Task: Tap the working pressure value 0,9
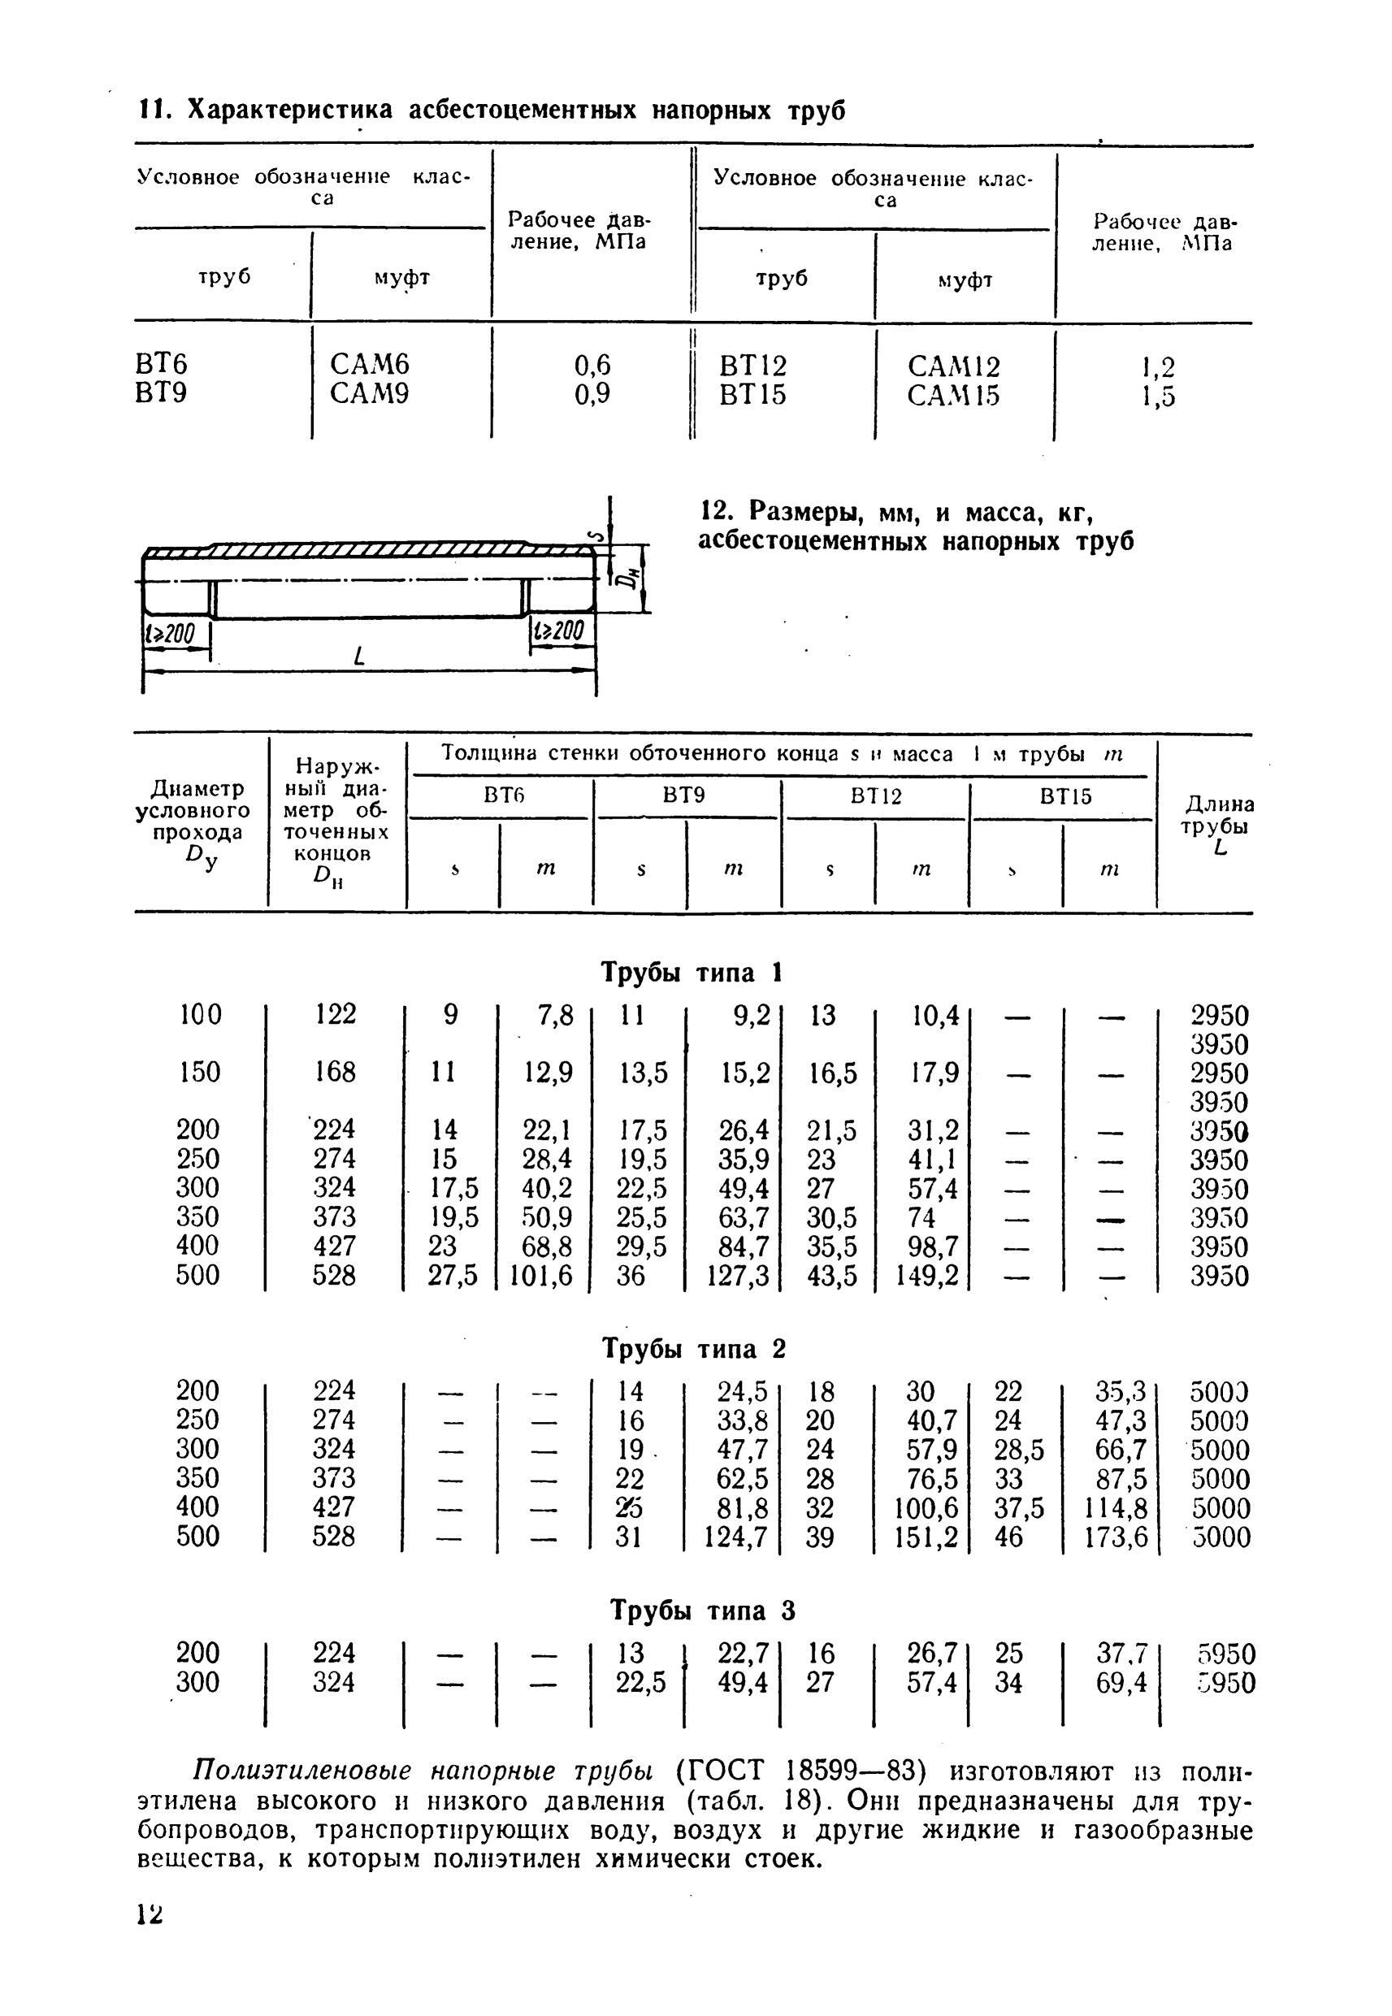click(x=592, y=395)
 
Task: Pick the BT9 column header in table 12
click(x=685, y=796)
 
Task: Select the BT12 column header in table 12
click(x=877, y=796)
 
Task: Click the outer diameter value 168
click(x=335, y=1072)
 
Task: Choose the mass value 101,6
click(x=540, y=1276)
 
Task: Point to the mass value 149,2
click(x=926, y=1276)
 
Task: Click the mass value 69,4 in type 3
click(x=1122, y=1682)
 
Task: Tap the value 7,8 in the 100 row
click(x=556, y=1015)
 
